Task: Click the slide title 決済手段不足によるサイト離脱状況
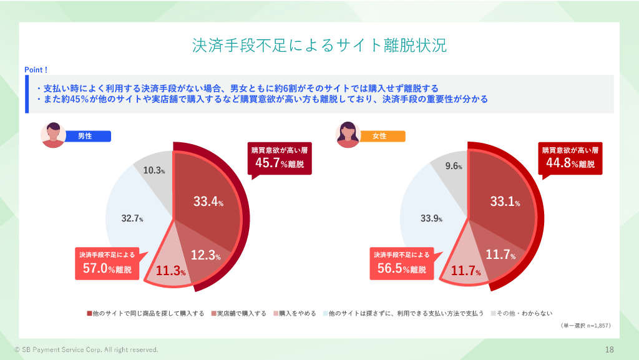click(x=319, y=46)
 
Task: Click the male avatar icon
click(x=53, y=135)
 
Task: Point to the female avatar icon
click(x=348, y=135)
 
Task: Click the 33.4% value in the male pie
click(x=208, y=202)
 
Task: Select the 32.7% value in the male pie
click(x=132, y=218)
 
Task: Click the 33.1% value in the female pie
click(x=504, y=202)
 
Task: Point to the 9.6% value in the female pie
click(x=454, y=167)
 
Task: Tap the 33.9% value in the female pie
click(x=431, y=218)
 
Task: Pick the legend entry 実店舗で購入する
click(x=238, y=313)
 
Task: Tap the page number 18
click(x=609, y=349)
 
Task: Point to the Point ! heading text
click(x=36, y=70)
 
